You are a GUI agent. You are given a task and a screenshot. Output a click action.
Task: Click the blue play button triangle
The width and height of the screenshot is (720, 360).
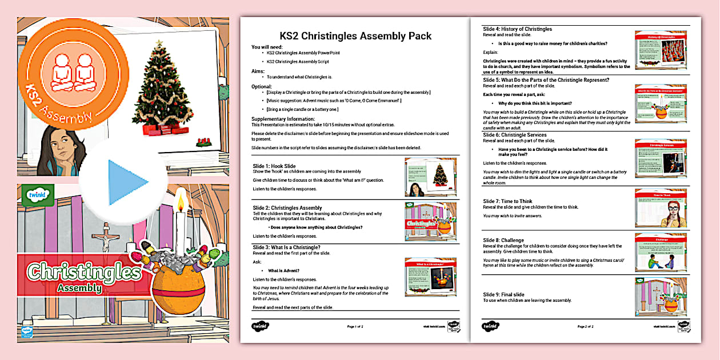pyautogui.click(x=127, y=182)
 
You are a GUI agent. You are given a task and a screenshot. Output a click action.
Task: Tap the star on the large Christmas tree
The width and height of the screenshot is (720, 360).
pyautogui.click(x=159, y=43)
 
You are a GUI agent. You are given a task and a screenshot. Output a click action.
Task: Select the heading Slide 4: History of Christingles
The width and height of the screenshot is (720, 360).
pyautogui.click(x=517, y=29)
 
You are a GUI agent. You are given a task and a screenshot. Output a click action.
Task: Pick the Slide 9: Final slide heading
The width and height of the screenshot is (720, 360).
pyautogui.click(x=503, y=294)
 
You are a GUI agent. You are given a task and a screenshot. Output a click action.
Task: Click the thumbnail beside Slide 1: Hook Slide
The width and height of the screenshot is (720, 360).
pyautogui.click(x=431, y=177)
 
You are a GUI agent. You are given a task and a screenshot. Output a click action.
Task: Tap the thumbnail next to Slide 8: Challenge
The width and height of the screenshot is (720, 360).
pyautogui.click(x=661, y=251)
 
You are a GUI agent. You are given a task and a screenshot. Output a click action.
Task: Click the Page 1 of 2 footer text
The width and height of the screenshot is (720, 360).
pyautogui.click(x=359, y=327)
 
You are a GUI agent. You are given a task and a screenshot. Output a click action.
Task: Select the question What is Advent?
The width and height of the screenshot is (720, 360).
pyautogui.click(x=284, y=270)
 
